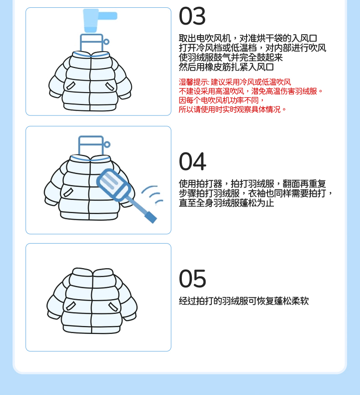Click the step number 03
coord(192,16)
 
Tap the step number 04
coord(193,161)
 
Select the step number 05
coord(193,279)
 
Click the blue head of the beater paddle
coord(114,184)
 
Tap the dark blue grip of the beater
coord(150,218)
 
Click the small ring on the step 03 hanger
coord(106,42)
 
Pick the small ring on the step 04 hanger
coord(107,144)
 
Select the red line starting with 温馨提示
coord(235,82)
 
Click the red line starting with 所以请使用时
coord(232,109)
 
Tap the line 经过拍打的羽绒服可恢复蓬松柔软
coord(244,301)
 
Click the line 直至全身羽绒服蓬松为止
coord(226,203)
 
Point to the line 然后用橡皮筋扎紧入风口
coord(226,67)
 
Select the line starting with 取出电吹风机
coord(248,38)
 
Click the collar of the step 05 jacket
coord(93,272)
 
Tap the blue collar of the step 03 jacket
coord(91,54)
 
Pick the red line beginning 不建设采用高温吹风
coord(251,91)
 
